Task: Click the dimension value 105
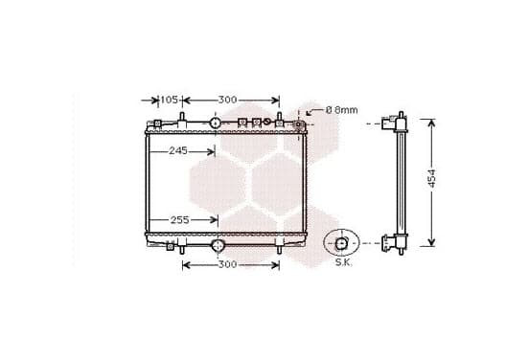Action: point(169,100)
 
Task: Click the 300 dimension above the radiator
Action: point(227,100)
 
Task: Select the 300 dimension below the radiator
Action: point(227,264)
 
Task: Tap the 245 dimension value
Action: point(178,151)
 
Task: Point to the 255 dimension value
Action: point(179,220)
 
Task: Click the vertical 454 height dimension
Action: point(431,178)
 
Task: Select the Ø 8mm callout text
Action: point(342,110)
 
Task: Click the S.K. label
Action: point(343,262)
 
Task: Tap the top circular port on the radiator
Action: point(215,124)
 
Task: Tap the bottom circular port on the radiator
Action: point(218,245)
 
